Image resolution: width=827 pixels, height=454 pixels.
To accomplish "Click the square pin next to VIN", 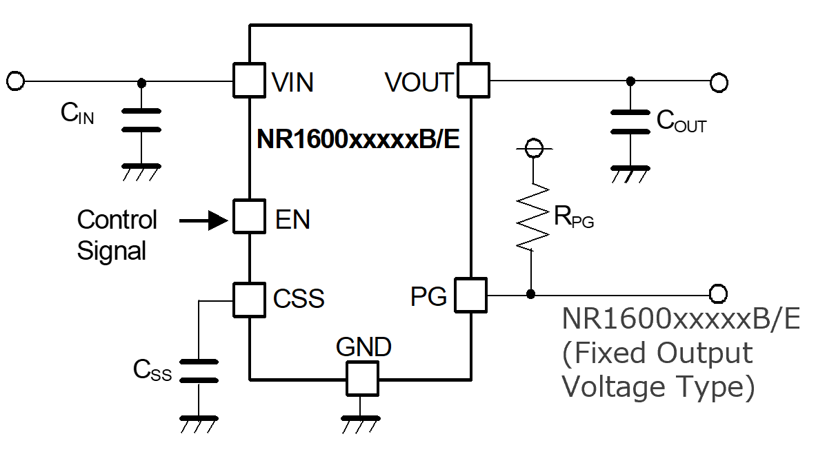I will (x=250, y=80).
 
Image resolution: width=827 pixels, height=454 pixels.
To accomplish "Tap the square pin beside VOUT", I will (x=472, y=81).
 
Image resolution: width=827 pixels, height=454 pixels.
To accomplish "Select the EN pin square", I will (x=250, y=217).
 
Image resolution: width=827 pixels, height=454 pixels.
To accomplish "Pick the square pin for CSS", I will (x=250, y=300).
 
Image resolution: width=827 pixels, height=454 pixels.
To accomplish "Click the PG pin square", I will (x=470, y=296).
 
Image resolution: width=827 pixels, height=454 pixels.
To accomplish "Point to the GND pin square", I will (x=362, y=378).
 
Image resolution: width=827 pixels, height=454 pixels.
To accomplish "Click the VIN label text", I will (x=293, y=83).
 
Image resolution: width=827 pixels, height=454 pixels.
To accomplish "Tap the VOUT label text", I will (x=419, y=83).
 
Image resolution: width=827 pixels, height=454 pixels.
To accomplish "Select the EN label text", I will (x=293, y=220).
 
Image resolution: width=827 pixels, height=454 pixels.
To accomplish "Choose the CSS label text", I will (x=299, y=300).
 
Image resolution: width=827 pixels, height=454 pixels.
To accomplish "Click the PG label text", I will (x=428, y=297).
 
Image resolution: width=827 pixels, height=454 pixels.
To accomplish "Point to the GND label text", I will (x=363, y=347).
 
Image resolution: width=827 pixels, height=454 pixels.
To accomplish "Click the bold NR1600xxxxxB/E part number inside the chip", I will (x=358, y=140).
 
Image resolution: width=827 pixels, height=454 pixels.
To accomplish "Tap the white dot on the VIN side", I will (x=15, y=81).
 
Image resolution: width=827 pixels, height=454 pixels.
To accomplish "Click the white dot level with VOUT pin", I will (x=719, y=83).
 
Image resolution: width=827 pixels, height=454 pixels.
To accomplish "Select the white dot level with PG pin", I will (x=718, y=294).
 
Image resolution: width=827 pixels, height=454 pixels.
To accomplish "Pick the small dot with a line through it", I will (x=534, y=148).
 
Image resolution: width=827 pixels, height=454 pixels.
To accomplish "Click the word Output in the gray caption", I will (x=705, y=353).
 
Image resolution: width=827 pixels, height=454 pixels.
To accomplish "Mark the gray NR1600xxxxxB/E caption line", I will (x=681, y=320).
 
